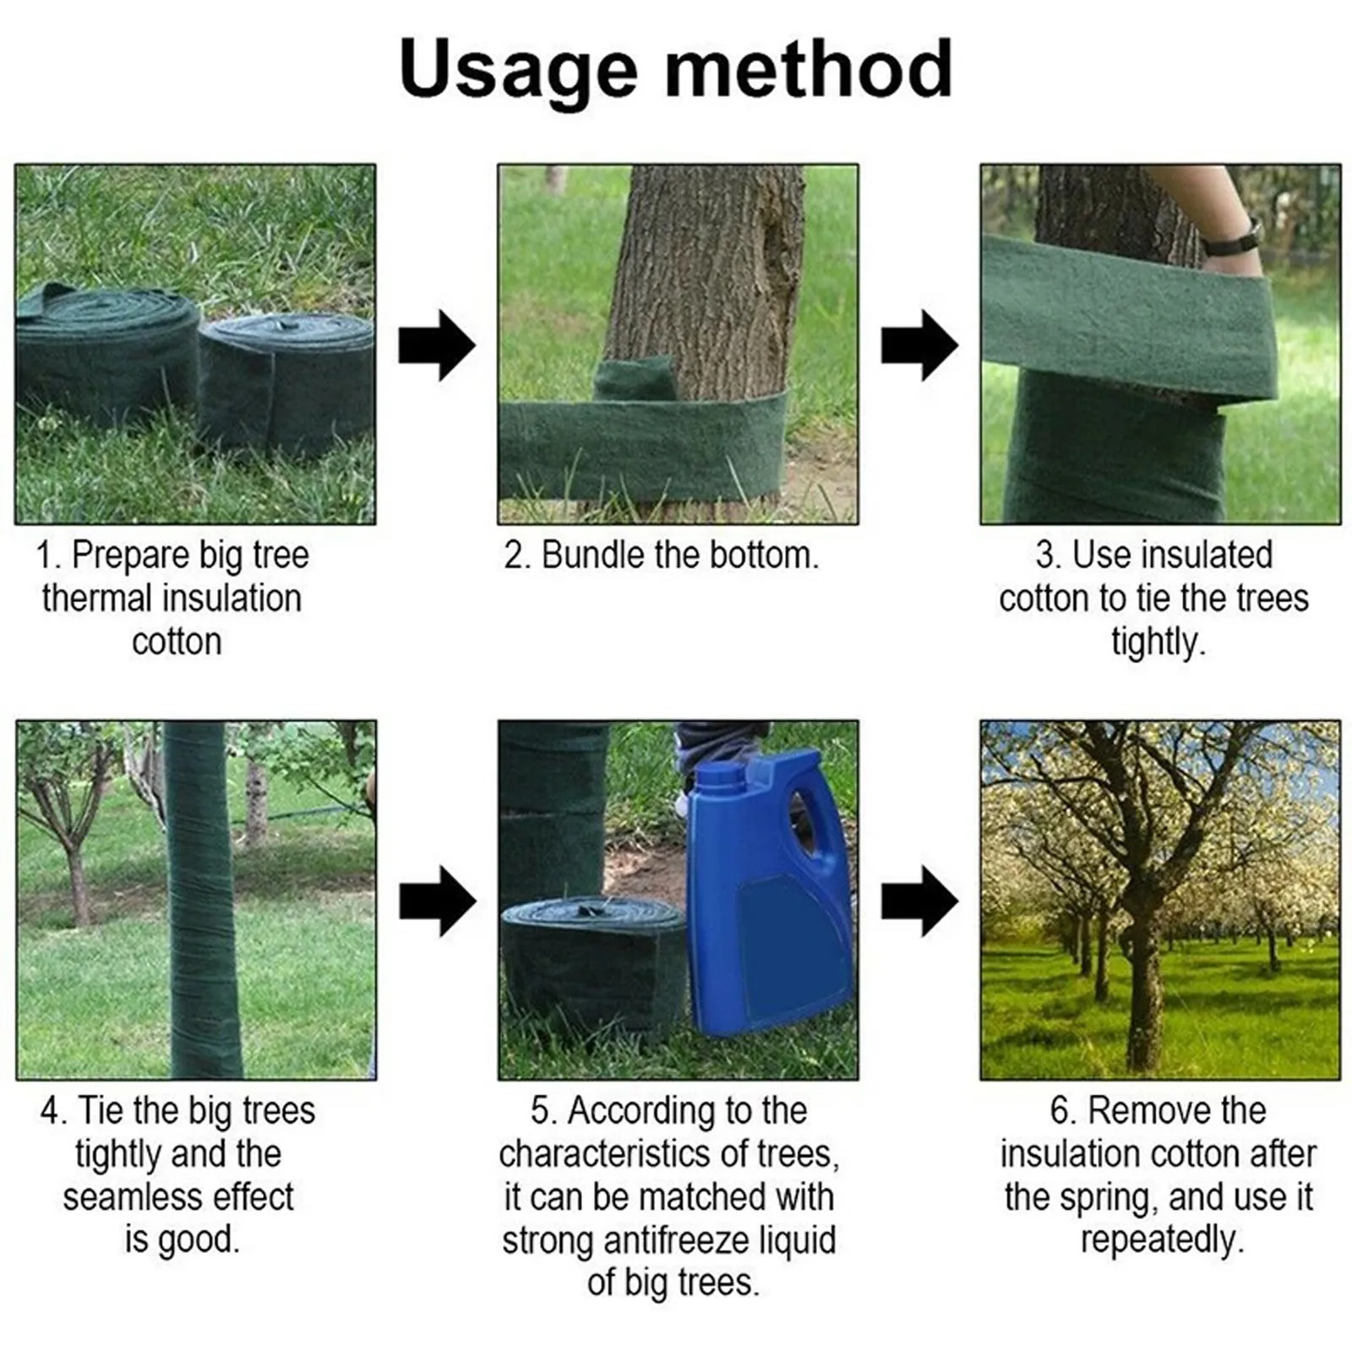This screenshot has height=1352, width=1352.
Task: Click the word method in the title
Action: pyautogui.click(x=809, y=69)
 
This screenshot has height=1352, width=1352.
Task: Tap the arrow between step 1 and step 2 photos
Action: pyautogui.click(x=436, y=346)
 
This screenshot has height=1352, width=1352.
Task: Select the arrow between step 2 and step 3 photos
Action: pyautogui.click(x=919, y=346)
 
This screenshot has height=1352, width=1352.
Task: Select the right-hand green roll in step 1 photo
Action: pyautogui.click(x=287, y=384)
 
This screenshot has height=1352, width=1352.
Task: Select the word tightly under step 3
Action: pyautogui.click(x=1157, y=642)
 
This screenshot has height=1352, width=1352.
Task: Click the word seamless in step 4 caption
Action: pyautogui.click(x=132, y=1197)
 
